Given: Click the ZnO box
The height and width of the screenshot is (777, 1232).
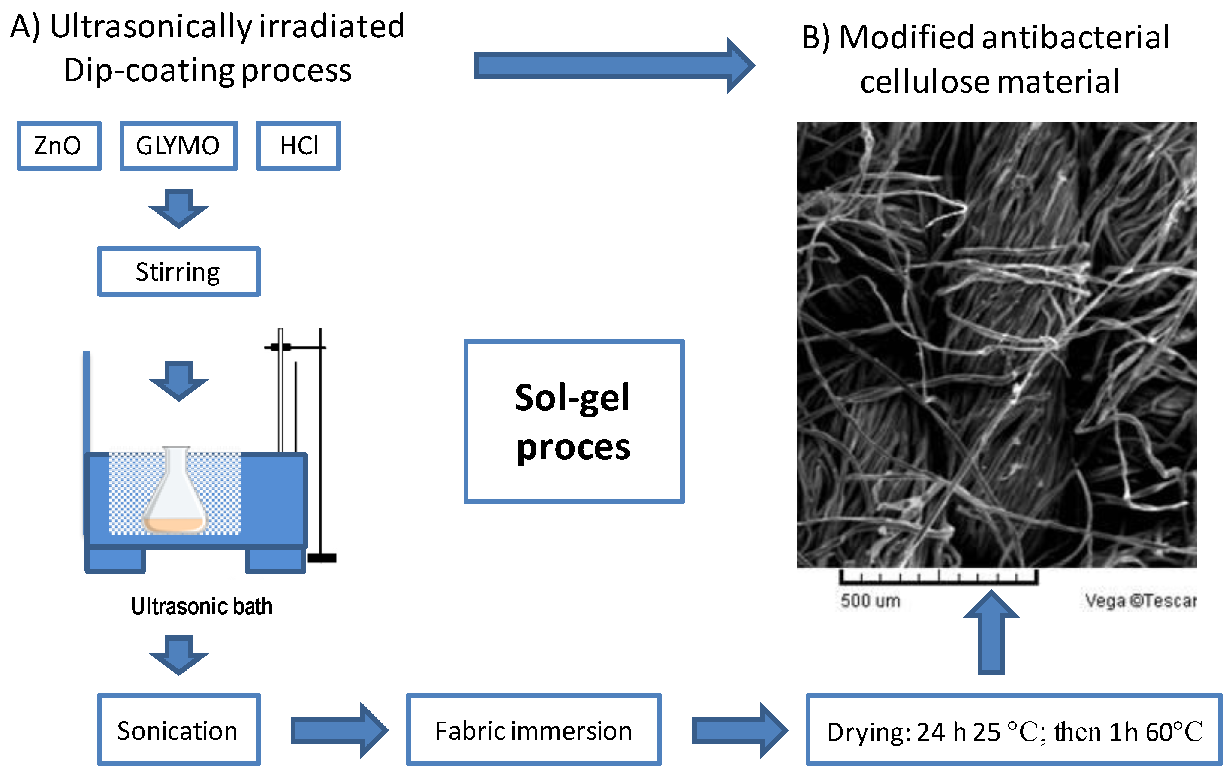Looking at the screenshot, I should pos(59,146).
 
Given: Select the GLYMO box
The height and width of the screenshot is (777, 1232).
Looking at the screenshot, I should pos(178,146).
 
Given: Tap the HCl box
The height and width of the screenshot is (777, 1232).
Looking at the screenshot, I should pos(298,146).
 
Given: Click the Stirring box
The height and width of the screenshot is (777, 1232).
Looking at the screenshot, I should pos(178,272).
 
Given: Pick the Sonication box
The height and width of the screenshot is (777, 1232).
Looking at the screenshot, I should pos(178,730).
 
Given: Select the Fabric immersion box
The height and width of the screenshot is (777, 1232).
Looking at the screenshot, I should pos(533,730).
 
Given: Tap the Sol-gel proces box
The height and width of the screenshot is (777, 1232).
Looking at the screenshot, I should pos(573,421).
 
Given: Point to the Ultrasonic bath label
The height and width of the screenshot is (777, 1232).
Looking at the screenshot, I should pos(201,606).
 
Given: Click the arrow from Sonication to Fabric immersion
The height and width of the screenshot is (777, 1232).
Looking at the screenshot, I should pos(337,730).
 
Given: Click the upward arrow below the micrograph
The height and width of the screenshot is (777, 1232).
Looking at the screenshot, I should pos(991,635).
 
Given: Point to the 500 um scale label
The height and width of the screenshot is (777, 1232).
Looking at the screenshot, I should pos(870,600).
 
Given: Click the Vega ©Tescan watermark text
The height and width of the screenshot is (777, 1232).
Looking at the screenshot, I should pos(1140,600).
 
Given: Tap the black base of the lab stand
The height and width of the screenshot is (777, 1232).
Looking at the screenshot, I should pos(322,558).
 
